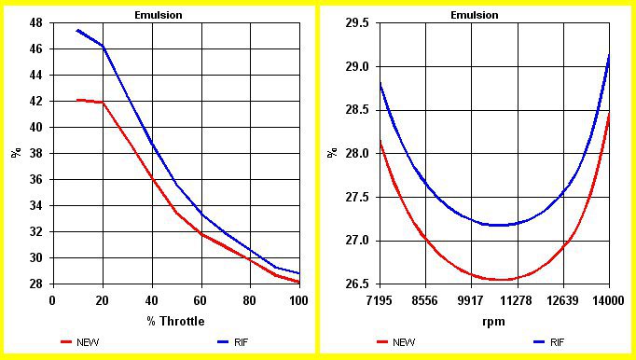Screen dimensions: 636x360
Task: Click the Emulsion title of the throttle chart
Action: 159,16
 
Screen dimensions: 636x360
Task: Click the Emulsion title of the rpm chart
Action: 474,16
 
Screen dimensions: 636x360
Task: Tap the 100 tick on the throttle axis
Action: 299,300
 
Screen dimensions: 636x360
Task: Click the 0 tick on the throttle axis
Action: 52,300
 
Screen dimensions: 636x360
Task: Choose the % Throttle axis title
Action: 175,322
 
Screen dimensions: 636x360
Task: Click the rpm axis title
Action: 493,323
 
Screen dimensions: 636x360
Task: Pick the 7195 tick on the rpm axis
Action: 380,300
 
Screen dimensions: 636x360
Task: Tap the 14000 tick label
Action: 608,300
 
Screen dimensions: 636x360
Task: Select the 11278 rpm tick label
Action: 518,300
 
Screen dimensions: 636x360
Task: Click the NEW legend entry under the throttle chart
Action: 80,342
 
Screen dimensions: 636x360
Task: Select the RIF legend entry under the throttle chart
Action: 232,342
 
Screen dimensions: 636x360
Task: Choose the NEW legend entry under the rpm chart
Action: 396,342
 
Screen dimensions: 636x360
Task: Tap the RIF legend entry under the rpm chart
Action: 548,342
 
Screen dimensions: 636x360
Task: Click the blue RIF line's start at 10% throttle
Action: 77,30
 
